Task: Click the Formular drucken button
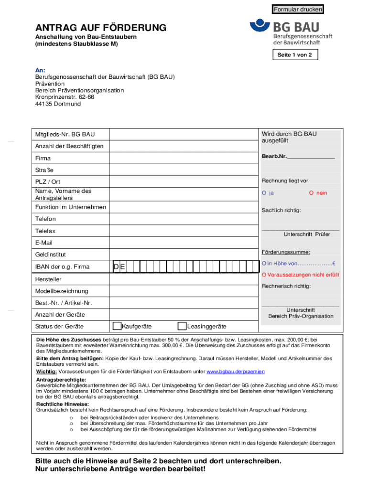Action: click(x=298, y=10)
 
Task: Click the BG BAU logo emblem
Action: click(x=260, y=27)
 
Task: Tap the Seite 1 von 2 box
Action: click(x=294, y=55)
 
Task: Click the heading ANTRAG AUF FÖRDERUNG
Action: click(x=100, y=28)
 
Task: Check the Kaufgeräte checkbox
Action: click(x=117, y=326)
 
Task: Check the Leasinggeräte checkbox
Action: click(x=182, y=326)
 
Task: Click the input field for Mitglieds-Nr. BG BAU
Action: click(x=184, y=134)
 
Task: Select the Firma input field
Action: click(x=184, y=158)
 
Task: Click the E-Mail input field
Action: click(x=184, y=243)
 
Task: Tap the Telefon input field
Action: click(x=184, y=219)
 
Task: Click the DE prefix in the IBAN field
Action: click(x=119, y=267)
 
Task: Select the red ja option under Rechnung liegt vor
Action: click(x=268, y=193)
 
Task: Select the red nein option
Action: click(x=318, y=193)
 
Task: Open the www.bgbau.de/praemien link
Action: click(x=235, y=372)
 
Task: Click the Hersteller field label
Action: click(x=48, y=279)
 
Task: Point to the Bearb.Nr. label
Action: click(x=274, y=157)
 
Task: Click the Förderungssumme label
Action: click(x=286, y=252)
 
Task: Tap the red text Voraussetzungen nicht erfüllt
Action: click(x=300, y=275)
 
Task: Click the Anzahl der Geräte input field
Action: click(x=184, y=315)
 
